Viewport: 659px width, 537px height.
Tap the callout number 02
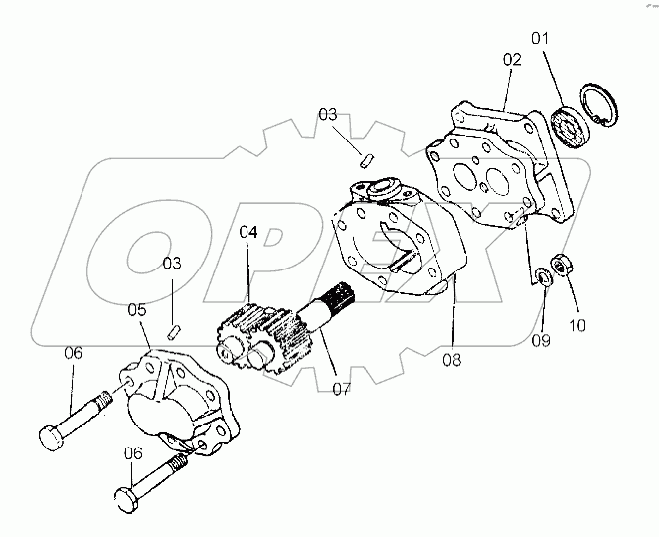511,60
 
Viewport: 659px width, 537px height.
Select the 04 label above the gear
247,232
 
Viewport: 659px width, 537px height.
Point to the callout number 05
138,310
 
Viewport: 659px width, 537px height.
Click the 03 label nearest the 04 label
173,264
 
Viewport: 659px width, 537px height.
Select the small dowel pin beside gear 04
174,329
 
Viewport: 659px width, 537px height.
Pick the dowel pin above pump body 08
365,156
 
